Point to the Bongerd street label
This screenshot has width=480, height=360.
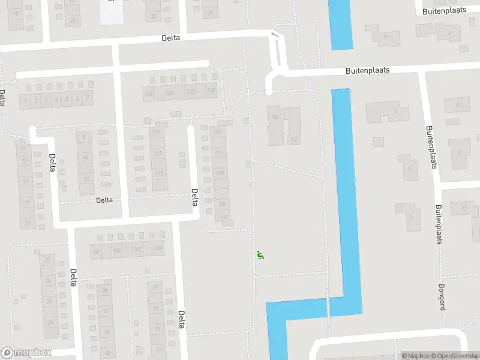[x=442, y=296]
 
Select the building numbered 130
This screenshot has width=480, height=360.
[x=275, y=118]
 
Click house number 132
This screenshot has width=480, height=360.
[x=294, y=139]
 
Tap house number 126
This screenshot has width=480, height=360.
[x=149, y=94]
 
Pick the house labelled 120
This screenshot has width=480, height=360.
[x=211, y=91]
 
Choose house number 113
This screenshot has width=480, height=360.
[x=217, y=132]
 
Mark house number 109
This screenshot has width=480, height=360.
[x=220, y=173]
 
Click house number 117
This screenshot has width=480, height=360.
[x=158, y=154]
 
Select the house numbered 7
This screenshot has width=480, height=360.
[x=88, y=98]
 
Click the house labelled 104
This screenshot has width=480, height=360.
[x=158, y=248]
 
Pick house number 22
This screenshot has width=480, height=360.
[x=47, y=259]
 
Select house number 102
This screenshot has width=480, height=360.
[x=138, y=249]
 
